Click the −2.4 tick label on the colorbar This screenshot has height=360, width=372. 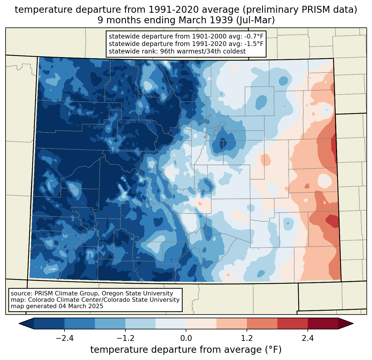pyautogui.click(x=64, y=338)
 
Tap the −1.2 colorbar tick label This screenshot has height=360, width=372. pyautogui.click(x=125, y=338)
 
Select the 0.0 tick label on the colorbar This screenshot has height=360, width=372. pyautogui.click(x=186, y=338)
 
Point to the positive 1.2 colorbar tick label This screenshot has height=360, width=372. pyautogui.click(x=247, y=338)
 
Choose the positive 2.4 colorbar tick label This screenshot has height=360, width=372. pyautogui.click(x=308, y=338)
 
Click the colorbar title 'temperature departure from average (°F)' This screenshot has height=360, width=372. pyautogui.click(x=186, y=350)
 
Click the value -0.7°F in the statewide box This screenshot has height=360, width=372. pyautogui.click(x=251, y=37)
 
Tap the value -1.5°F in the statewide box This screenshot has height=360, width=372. pyautogui.click(x=251, y=44)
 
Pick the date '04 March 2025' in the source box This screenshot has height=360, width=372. pyautogui.click(x=81, y=306)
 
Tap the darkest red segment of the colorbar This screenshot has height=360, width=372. pyautogui.click(x=323, y=323)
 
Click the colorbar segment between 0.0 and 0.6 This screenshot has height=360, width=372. pyautogui.click(x=201, y=323)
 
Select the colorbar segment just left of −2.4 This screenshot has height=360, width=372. pyautogui.click(x=49, y=323)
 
